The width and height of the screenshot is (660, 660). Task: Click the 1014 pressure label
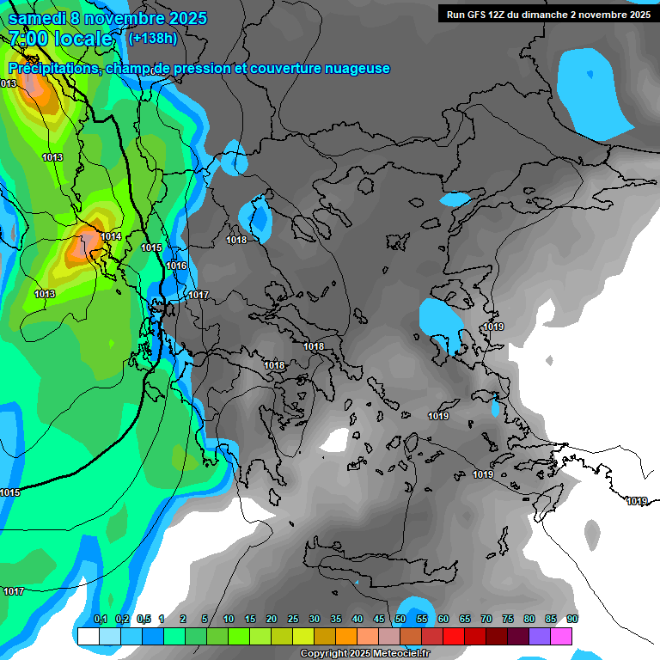click(x=111, y=236)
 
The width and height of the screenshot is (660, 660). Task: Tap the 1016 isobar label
click(x=176, y=266)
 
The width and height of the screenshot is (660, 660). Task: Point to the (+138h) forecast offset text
click(x=152, y=38)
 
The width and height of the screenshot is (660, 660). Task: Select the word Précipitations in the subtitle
click(x=54, y=69)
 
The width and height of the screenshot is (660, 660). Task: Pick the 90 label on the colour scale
click(x=572, y=620)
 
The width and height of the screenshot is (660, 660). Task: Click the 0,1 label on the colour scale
click(x=100, y=620)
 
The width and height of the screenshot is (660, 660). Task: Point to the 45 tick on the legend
click(x=379, y=620)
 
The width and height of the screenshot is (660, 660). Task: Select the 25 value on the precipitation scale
click(x=293, y=620)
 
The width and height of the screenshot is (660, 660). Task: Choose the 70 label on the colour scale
click(x=486, y=620)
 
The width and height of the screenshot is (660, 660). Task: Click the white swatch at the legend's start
click(x=88, y=636)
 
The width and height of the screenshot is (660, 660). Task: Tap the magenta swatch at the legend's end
click(x=561, y=636)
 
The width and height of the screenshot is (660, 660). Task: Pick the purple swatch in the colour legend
click(x=540, y=636)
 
